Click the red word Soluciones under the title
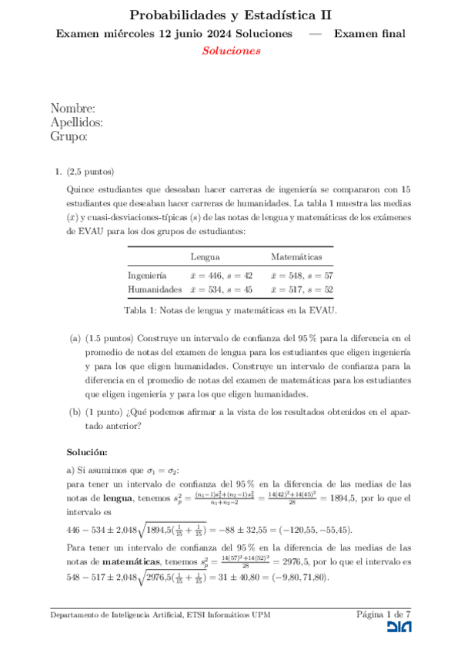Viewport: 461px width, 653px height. click(231, 51)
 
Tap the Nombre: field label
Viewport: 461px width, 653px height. click(73, 109)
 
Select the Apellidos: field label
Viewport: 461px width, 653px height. click(77, 122)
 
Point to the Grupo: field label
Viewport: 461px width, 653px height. click(68, 136)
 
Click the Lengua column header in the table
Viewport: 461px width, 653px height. click(205, 256)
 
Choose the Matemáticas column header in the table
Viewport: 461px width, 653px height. click(296, 256)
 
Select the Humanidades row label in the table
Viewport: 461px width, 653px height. click(155, 290)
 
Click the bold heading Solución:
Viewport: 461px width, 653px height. click(86, 451)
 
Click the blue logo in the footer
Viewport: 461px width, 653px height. click(398, 628)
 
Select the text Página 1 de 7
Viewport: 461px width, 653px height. click(384, 614)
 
